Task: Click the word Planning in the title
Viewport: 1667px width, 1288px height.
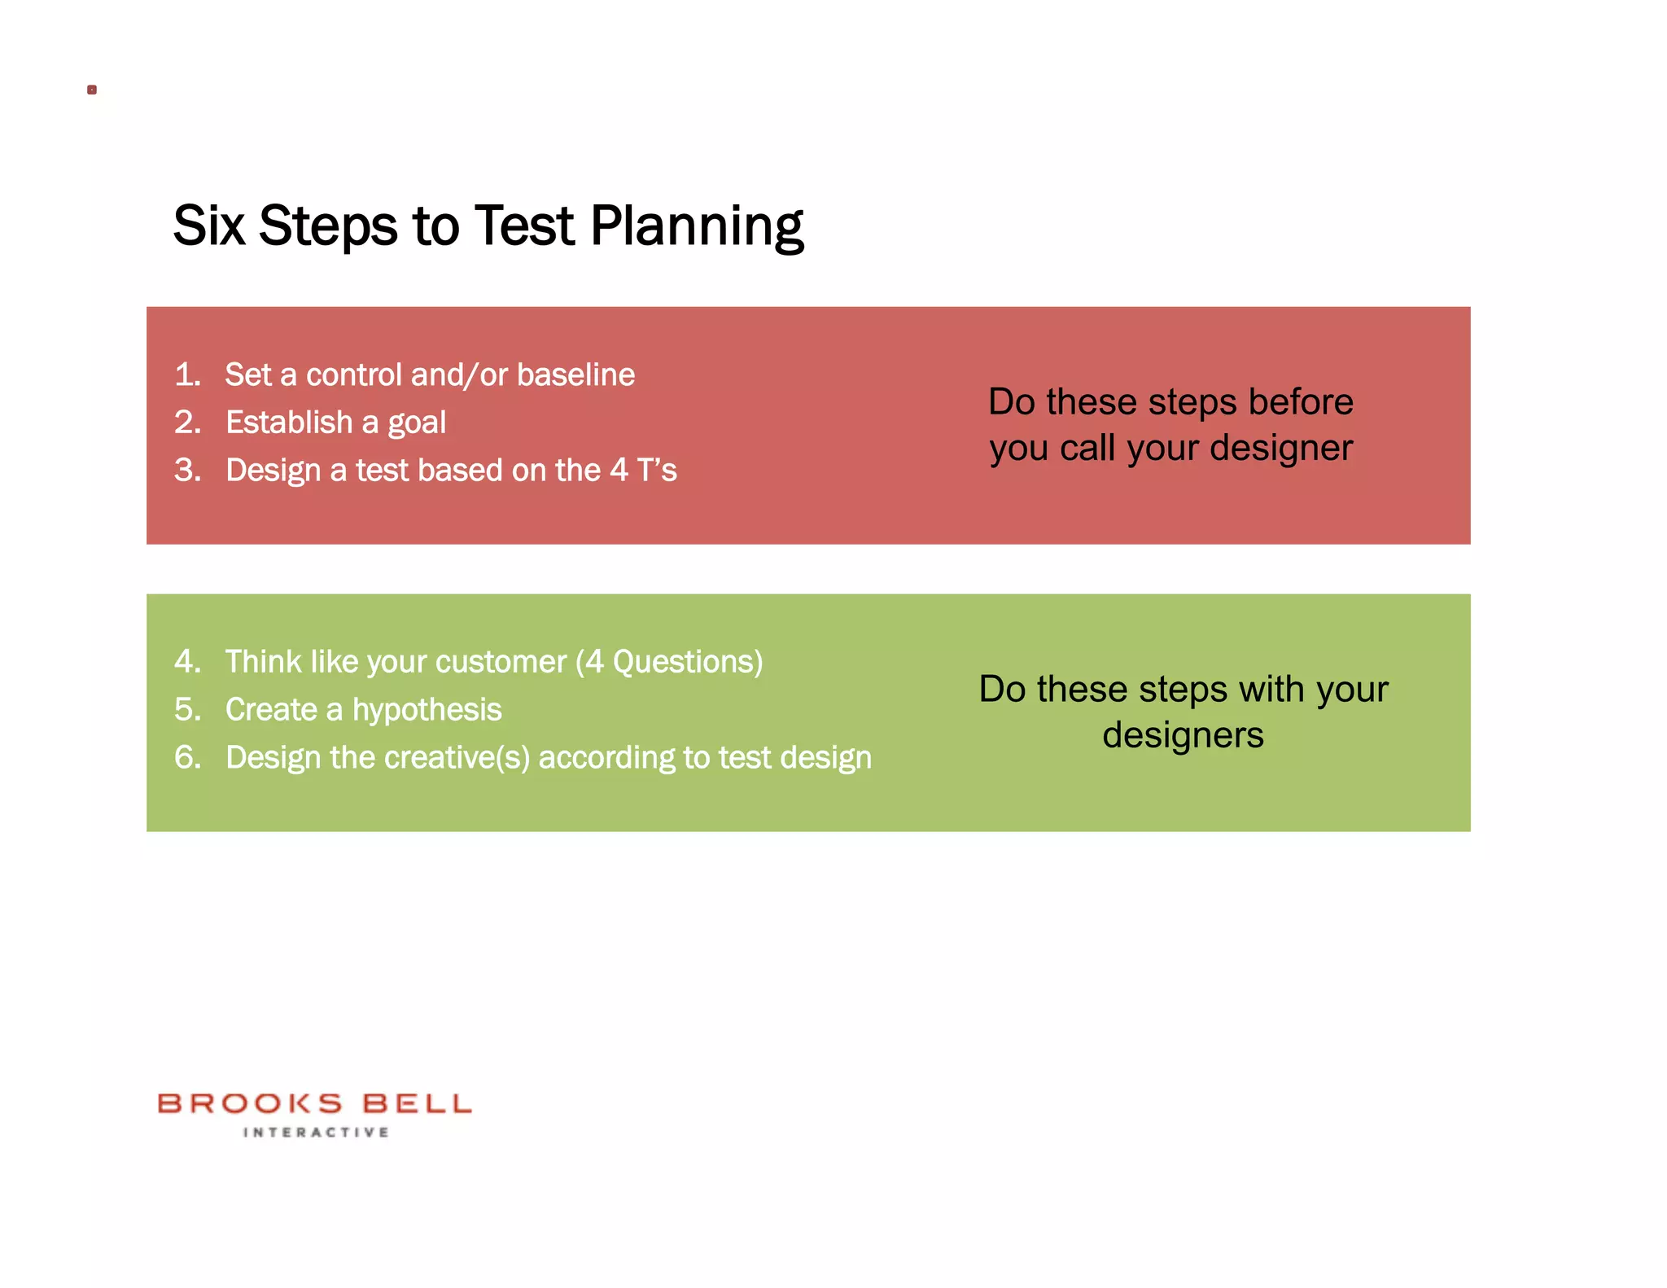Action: click(x=697, y=226)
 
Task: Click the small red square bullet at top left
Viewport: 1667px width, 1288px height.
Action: click(x=92, y=90)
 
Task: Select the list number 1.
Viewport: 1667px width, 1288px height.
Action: click(x=187, y=375)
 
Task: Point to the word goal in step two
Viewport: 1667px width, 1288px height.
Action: click(x=417, y=423)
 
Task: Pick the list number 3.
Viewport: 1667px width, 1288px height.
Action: click(x=187, y=470)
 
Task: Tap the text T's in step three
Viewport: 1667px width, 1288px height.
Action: click(x=656, y=470)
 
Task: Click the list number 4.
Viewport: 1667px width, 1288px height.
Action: click(x=187, y=661)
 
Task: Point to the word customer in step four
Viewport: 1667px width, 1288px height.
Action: click(x=503, y=662)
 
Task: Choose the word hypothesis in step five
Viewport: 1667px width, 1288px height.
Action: click(x=427, y=710)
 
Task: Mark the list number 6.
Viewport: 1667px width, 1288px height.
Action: click(x=187, y=757)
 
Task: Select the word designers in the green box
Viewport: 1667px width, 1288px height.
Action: click(x=1183, y=736)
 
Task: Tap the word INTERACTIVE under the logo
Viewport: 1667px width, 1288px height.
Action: click(x=316, y=1132)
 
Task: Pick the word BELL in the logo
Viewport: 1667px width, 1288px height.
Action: click(x=417, y=1104)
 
